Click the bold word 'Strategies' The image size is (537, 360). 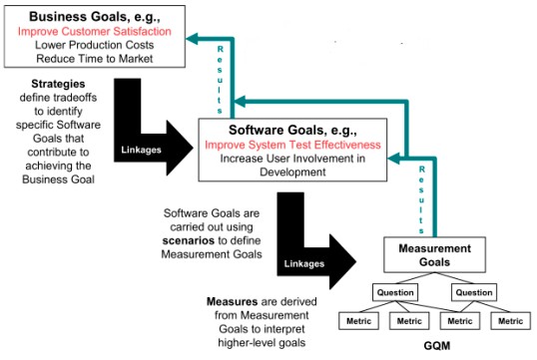click(x=53, y=83)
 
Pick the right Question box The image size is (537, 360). click(x=473, y=293)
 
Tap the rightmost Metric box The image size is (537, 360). click(x=510, y=321)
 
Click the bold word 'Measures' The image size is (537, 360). click(x=233, y=299)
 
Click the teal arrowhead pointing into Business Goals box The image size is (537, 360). click(x=195, y=38)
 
